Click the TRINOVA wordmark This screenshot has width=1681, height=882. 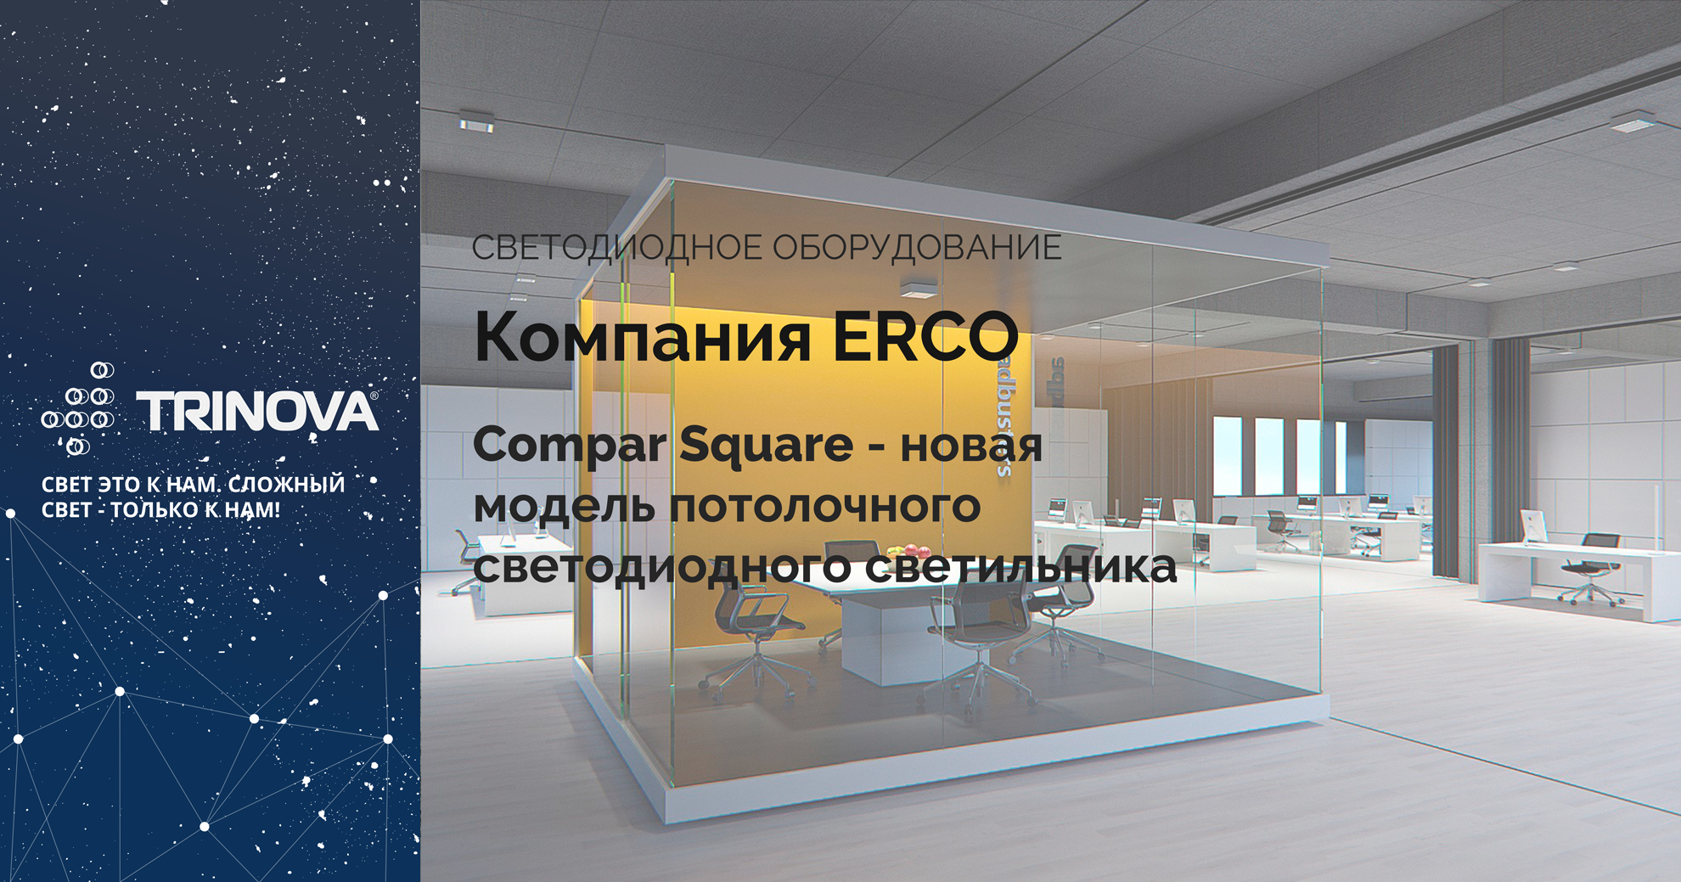click(x=257, y=413)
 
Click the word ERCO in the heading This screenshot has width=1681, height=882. click(x=925, y=337)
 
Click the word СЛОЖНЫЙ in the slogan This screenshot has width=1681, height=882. click(x=287, y=485)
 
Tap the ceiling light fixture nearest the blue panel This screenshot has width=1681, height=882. click(x=476, y=121)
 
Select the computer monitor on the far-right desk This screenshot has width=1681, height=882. click(x=1532, y=526)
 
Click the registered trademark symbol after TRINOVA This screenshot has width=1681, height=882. click(x=374, y=396)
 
